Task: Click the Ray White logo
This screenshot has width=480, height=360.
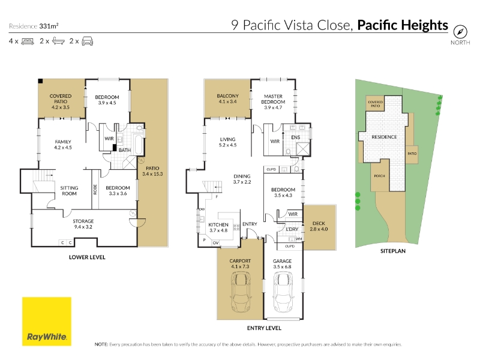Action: (x=47, y=322)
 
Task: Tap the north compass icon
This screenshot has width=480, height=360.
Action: (x=460, y=32)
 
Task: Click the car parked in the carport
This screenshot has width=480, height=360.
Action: (x=241, y=293)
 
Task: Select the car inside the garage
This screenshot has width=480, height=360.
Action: (x=283, y=293)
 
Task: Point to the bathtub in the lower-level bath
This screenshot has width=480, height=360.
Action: (x=138, y=145)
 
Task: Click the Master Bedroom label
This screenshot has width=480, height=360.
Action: (x=273, y=101)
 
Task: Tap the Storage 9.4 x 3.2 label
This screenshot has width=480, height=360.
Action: (x=83, y=224)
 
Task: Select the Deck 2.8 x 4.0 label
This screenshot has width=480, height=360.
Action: (x=319, y=226)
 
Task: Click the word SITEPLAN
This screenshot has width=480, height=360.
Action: (x=393, y=251)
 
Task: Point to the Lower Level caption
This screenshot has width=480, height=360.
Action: (x=87, y=257)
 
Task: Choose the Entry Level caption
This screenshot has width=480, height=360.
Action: (x=264, y=328)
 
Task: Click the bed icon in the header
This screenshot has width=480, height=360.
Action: (x=28, y=41)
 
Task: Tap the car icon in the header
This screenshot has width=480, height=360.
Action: (x=88, y=41)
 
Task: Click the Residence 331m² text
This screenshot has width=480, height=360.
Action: (x=34, y=26)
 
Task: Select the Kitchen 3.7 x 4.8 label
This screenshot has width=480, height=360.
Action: (x=218, y=227)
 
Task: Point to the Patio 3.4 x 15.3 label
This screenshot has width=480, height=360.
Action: (x=152, y=171)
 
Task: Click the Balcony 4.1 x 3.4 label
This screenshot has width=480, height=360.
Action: (x=227, y=98)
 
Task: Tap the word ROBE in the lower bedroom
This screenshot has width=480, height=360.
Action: (x=95, y=189)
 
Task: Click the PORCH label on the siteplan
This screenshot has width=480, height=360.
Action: (x=379, y=176)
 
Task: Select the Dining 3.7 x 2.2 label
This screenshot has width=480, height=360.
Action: (x=242, y=179)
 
